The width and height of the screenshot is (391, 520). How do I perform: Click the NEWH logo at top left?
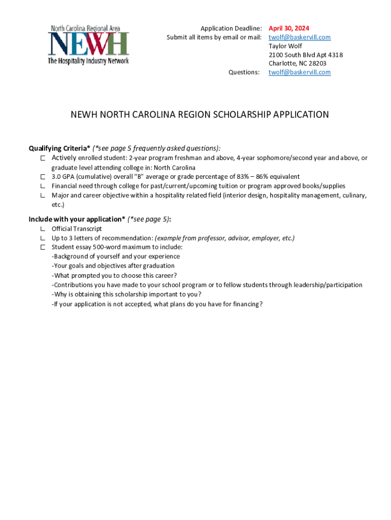pos(88,44)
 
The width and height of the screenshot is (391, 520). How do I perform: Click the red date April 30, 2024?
pos(288,28)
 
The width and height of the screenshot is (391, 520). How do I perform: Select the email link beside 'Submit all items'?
pos(300,38)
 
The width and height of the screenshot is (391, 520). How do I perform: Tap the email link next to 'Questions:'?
pos(300,72)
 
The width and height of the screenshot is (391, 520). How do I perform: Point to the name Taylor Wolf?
pos(285,46)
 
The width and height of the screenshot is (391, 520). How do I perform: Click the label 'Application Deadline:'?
pos(231,28)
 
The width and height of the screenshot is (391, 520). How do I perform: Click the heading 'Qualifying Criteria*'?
pos(59,148)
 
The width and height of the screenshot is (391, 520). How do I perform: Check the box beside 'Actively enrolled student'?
pos(44,158)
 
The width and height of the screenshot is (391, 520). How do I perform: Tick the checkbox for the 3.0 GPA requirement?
pos(44,177)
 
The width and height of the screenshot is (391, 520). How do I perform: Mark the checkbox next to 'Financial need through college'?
pos(44,186)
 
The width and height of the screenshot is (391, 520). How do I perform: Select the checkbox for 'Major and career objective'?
pos(44,195)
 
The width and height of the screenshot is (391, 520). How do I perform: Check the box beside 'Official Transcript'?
pos(44,229)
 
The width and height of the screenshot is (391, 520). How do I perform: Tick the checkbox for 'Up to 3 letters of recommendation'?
pos(44,238)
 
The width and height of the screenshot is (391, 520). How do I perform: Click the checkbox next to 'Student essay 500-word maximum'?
pos(44,247)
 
